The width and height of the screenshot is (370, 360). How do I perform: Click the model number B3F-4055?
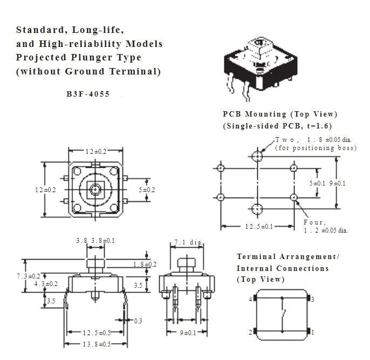[x=88, y=94]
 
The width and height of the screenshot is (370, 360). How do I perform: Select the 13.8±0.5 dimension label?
[x=97, y=344]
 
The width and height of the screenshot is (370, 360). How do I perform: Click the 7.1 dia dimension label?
[x=188, y=242]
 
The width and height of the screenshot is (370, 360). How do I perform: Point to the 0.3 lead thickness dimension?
[x=138, y=321]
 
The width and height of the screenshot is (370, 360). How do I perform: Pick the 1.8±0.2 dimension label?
[x=145, y=264]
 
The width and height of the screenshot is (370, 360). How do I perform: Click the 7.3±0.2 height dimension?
[x=28, y=276]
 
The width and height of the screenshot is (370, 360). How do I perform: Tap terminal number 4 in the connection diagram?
[x=250, y=300]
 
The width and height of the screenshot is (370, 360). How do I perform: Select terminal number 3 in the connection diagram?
[x=313, y=300]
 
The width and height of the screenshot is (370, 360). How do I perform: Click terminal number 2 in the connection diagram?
[x=250, y=332]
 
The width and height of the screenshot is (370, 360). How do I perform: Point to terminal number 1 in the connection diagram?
[x=313, y=332]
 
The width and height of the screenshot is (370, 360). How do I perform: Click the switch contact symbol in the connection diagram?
[x=284, y=315]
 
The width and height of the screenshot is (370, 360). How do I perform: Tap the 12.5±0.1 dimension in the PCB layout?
[x=259, y=227]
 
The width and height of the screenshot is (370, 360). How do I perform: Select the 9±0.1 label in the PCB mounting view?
[x=337, y=184]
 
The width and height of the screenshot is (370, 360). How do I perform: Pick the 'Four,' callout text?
[x=315, y=222]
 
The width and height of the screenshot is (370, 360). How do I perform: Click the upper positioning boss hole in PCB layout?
[x=257, y=156]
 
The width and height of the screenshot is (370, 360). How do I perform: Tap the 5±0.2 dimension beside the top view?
[x=147, y=190]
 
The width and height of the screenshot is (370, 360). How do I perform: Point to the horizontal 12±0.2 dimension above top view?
[x=96, y=152]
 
